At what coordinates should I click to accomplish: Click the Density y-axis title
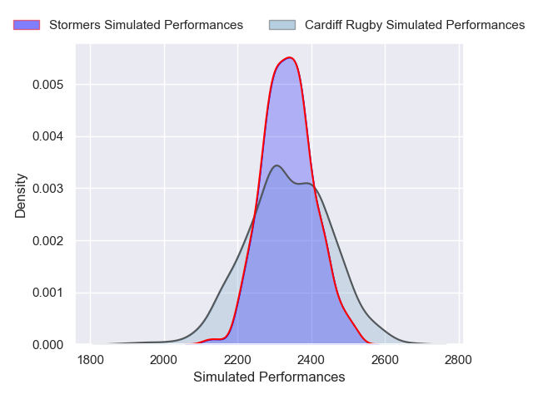(x=21, y=195)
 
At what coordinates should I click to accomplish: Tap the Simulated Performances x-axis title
(x=269, y=377)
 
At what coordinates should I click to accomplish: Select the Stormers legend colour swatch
(x=27, y=25)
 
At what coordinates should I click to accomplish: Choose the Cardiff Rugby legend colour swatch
(x=282, y=25)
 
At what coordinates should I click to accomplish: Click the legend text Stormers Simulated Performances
(x=146, y=25)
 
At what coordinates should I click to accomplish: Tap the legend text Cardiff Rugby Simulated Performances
(x=415, y=25)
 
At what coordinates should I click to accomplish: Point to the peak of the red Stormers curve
(x=289, y=57)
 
